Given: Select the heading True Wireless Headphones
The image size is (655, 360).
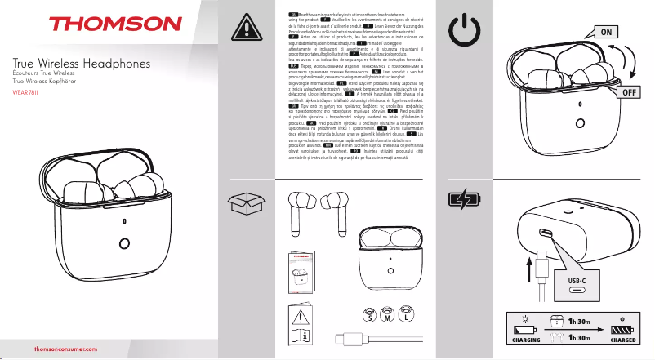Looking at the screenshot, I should coord(78,64).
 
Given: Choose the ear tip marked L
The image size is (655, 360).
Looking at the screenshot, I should coord(406,315).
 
